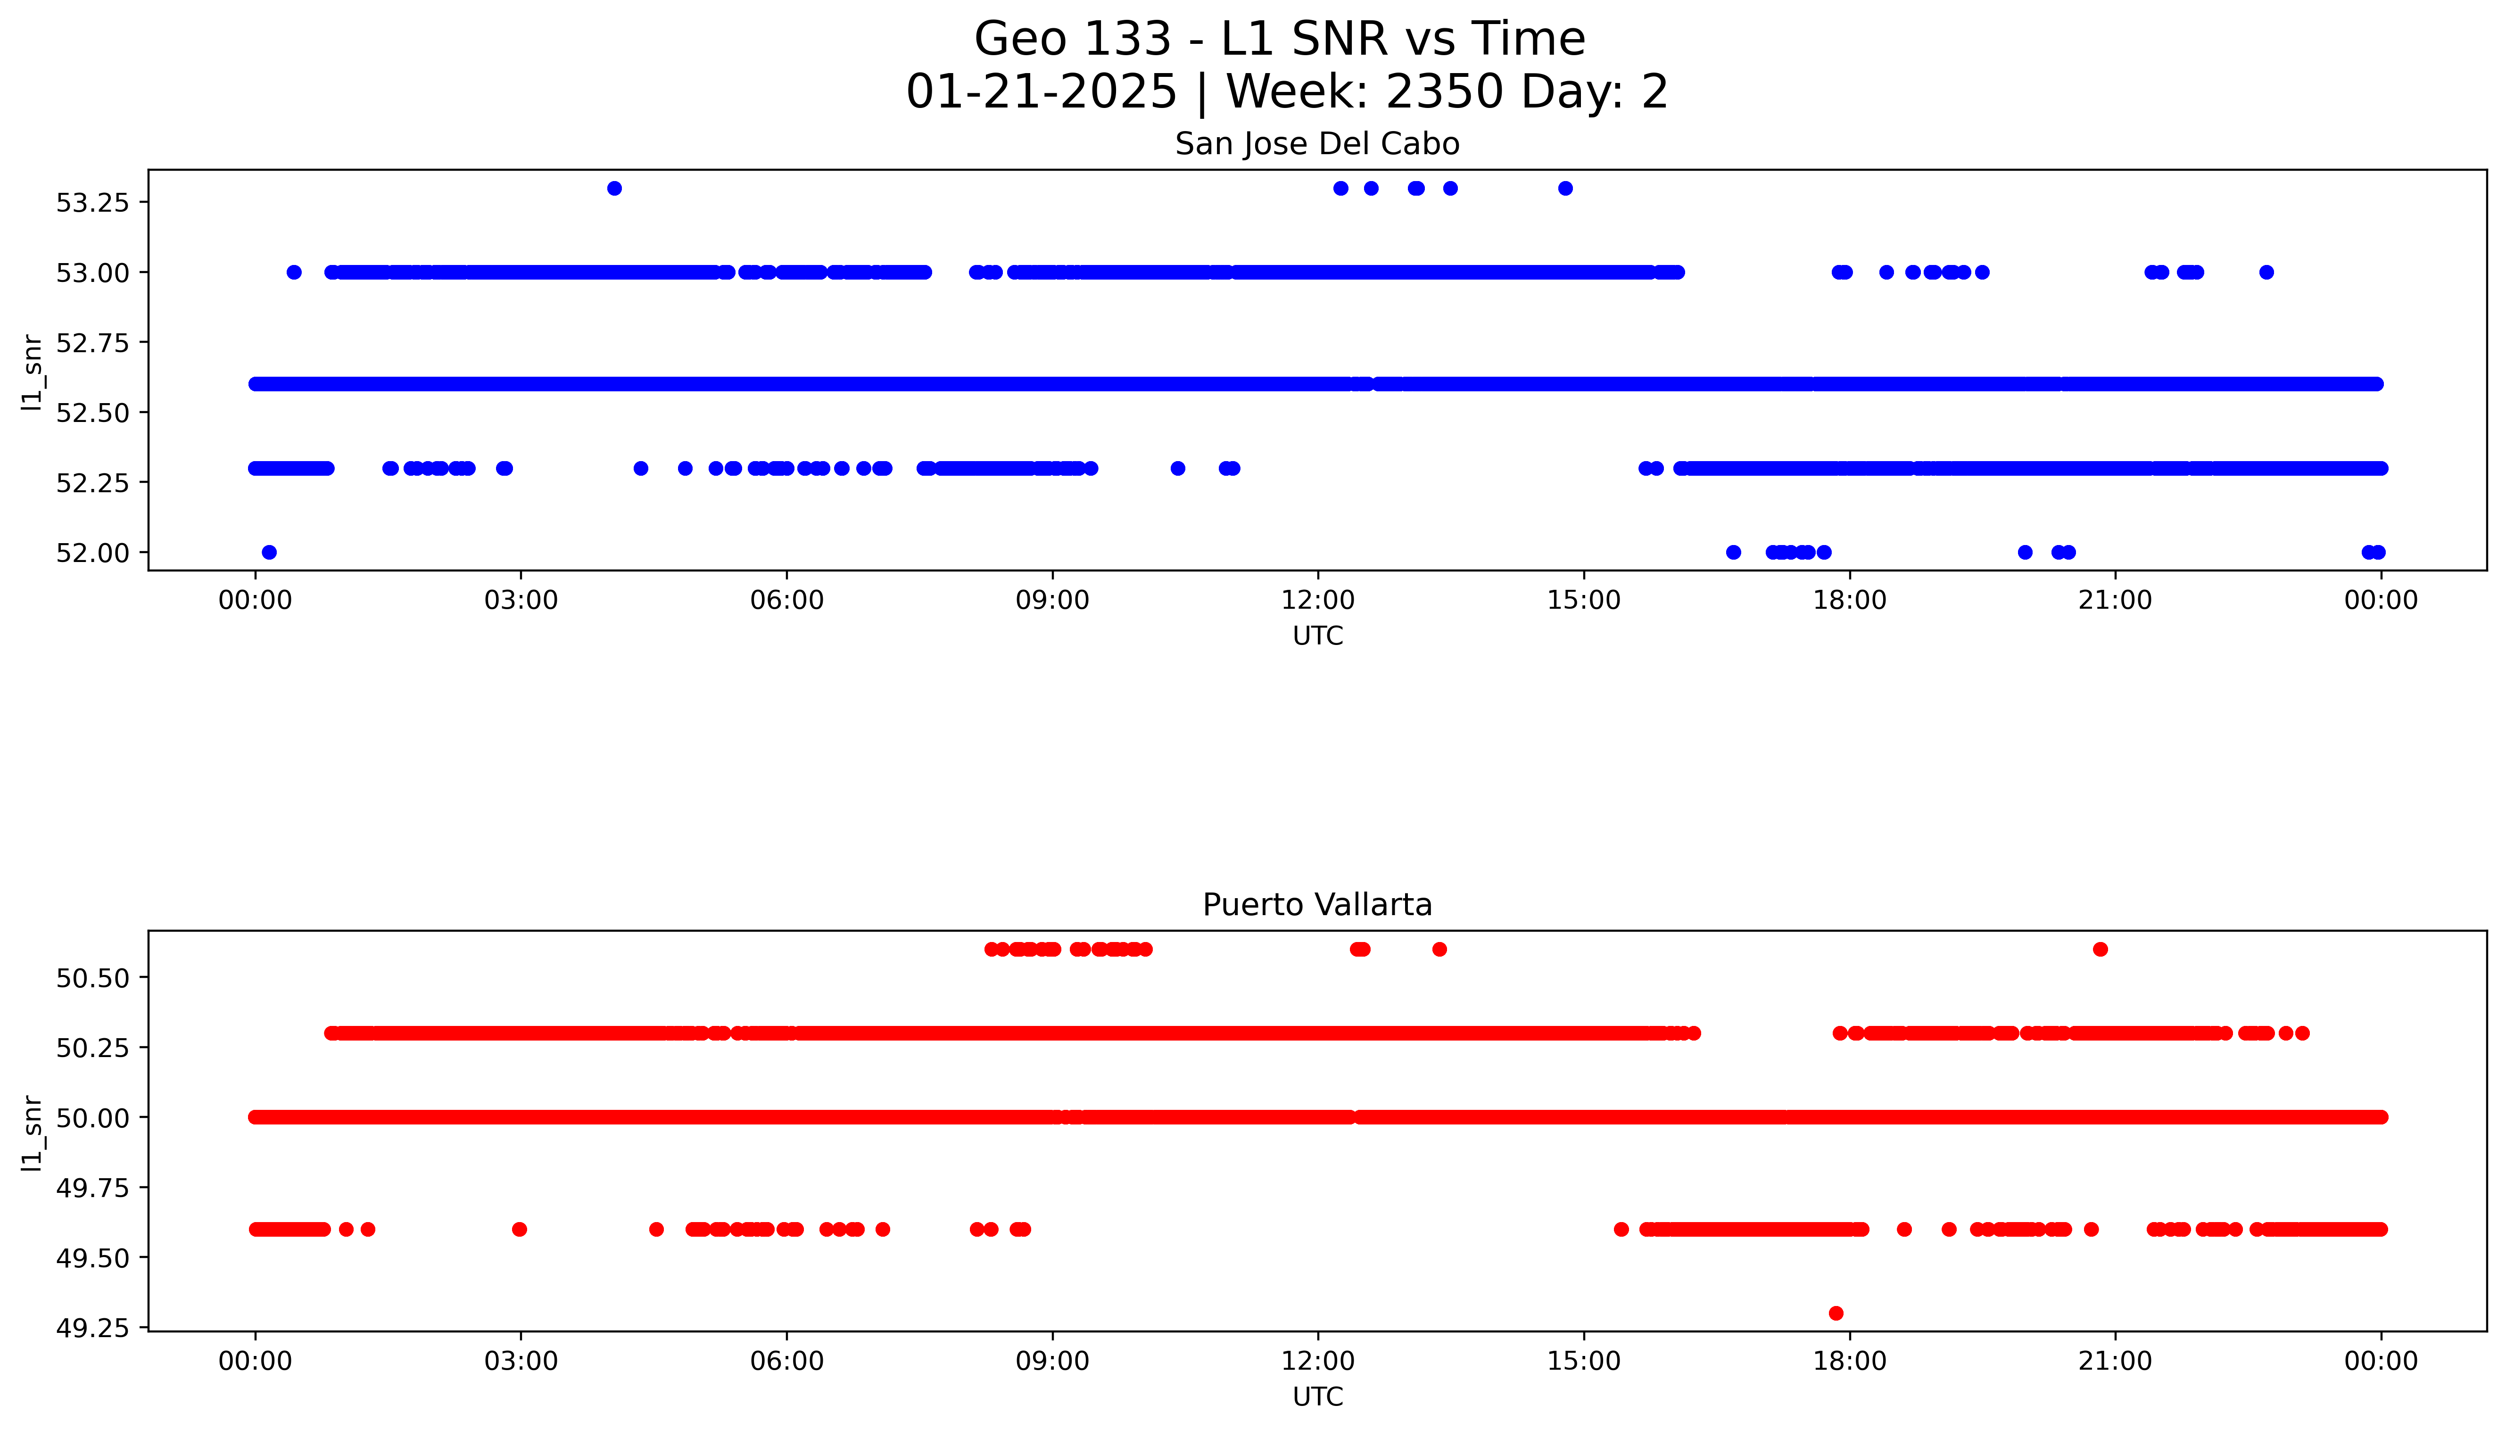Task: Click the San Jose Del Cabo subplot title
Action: tap(1317, 144)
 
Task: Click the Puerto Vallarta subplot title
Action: tap(1317, 905)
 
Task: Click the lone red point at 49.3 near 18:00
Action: tap(1836, 1313)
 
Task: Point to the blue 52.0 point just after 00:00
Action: tap(269, 552)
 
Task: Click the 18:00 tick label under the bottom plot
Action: tap(1849, 1361)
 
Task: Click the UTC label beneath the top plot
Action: tap(1317, 636)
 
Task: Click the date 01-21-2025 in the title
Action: tap(1041, 92)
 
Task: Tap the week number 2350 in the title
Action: tap(1444, 92)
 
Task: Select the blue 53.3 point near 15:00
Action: tap(1565, 189)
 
